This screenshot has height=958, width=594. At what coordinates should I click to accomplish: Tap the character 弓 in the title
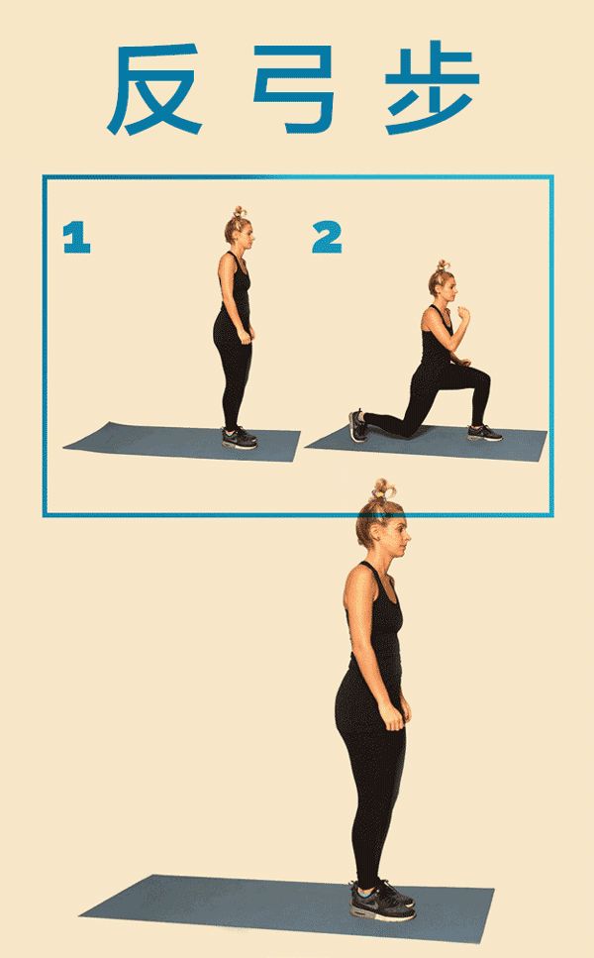(294, 88)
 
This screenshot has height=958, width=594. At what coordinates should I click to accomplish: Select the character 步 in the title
(432, 87)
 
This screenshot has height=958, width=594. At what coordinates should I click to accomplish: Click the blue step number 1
(76, 238)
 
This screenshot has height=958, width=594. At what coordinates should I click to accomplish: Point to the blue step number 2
(327, 238)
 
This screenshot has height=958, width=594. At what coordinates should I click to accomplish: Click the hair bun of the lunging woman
(443, 266)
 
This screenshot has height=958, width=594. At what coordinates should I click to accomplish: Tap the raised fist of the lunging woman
(465, 314)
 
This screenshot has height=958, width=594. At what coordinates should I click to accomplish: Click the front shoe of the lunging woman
(485, 433)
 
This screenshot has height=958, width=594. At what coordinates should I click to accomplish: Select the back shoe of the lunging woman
(357, 426)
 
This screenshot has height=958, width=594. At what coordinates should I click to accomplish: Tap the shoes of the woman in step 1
(240, 438)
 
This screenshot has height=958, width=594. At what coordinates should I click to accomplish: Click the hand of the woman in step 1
(247, 336)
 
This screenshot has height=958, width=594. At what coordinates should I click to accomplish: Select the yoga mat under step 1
(182, 442)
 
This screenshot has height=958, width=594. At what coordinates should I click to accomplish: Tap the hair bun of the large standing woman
(383, 490)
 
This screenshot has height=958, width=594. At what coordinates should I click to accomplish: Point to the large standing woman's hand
(393, 715)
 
